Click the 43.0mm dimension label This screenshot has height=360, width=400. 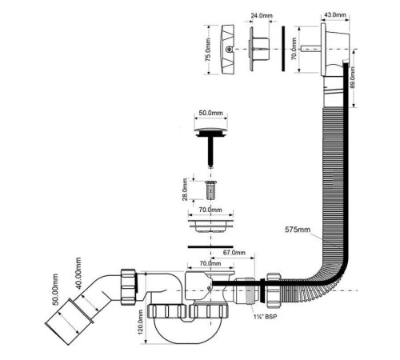335,14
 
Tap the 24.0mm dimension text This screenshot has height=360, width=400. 262,15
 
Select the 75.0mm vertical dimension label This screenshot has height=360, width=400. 208,50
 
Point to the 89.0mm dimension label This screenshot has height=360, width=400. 352,78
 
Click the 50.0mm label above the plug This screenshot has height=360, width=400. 210,113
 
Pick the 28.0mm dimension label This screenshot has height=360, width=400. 186,190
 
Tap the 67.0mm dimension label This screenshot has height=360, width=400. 234,252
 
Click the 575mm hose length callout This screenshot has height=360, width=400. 298,230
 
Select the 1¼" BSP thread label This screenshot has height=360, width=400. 265,317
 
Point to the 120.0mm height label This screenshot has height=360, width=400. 141,322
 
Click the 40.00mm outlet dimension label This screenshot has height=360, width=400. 78,273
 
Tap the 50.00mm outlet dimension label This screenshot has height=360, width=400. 55,290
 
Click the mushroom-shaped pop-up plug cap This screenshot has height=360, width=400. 211,133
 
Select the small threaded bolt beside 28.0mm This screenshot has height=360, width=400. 210,190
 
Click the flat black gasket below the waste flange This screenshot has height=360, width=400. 210,246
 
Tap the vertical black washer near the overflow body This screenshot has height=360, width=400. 283,49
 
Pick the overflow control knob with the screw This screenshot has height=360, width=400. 228,50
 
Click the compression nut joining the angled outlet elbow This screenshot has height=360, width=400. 129,287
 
